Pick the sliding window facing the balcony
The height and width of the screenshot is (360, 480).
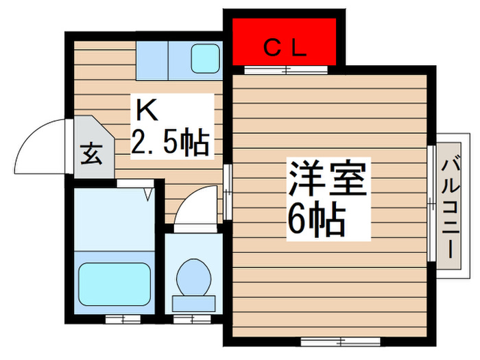tap(432, 203)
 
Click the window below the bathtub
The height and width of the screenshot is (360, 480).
tap(123, 319)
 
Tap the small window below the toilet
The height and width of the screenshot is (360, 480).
tap(191, 319)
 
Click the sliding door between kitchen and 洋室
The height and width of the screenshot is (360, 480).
tap(227, 191)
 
